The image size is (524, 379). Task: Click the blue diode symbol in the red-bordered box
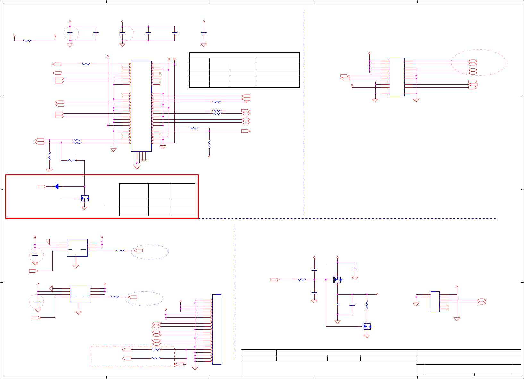pyautogui.click(x=57, y=186)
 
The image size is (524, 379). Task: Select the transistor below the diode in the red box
pyautogui.click(x=85, y=198)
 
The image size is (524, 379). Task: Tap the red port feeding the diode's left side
pyautogui.click(x=42, y=186)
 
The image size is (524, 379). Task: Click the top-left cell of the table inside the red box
pyautogui.click(x=134, y=191)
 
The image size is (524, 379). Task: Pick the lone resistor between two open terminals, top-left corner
pyautogui.click(x=28, y=41)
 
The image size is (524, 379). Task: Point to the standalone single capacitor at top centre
pyautogui.click(x=203, y=33)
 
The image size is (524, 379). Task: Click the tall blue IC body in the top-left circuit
pyautogui.click(x=141, y=106)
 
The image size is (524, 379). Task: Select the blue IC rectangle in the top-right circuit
pyautogui.click(x=397, y=77)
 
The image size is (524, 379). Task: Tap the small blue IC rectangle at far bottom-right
pyautogui.click(x=435, y=301)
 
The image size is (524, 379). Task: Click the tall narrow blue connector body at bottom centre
pyautogui.click(x=216, y=329)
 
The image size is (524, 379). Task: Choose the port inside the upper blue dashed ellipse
pyautogui.click(x=138, y=251)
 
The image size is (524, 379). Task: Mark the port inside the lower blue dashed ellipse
pyautogui.click(x=132, y=297)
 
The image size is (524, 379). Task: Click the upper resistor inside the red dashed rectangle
pyautogui.click(x=156, y=349)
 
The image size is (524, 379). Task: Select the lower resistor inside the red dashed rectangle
pyautogui.click(x=156, y=358)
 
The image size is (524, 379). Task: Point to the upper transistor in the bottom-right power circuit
pyautogui.click(x=338, y=280)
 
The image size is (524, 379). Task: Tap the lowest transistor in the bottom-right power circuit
pyautogui.click(x=367, y=327)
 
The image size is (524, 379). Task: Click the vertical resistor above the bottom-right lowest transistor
pyautogui.click(x=367, y=305)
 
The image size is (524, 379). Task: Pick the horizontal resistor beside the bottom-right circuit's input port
pyautogui.click(x=301, y=280)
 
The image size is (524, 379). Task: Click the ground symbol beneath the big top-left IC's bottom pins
pyautogui.click(x=137, y=167)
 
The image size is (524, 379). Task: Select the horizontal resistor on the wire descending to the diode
pyautogui.click(x=72, y=160)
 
